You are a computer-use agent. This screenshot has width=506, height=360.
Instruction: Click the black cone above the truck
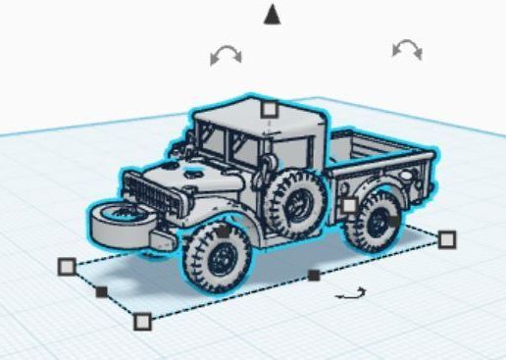[272, 13]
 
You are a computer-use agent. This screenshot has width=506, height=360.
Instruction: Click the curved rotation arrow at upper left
[227, 56]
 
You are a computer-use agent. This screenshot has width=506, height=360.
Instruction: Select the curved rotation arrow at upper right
[406, 49]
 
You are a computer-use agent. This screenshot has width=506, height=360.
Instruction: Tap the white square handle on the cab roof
[268, 109]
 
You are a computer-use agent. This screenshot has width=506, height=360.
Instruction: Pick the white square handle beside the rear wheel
[349, 205]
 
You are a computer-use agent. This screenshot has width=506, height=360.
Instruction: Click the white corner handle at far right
[447, 238]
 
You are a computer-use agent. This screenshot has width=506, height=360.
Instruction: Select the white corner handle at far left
[67, 266]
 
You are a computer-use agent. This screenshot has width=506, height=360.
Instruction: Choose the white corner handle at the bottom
[142, 321]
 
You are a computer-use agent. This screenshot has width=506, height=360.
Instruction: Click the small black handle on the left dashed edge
[101, 291]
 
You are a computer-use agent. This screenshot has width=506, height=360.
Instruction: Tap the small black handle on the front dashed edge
[313, 276]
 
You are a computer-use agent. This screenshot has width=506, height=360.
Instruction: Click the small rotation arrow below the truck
[350, 292]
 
